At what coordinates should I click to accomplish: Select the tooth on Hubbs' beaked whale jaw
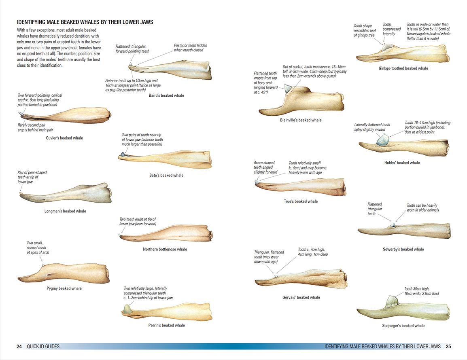[382, 140]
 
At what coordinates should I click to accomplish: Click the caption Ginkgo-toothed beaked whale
[403, 68]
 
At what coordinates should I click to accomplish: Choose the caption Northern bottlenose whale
[165, 249]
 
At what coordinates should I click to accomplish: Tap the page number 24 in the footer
[19, 347]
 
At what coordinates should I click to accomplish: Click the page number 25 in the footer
[448, 347]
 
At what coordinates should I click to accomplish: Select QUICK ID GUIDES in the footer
[43, 347]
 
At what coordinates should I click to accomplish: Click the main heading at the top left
[85, 22]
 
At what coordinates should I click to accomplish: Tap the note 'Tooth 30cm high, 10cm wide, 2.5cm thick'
[421, 291]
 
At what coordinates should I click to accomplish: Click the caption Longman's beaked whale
[65, 211]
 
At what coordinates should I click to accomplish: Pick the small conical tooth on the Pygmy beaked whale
[43, 265]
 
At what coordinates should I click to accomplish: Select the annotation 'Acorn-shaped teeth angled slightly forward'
[265, 167]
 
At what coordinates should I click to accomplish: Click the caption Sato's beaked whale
[166, 175]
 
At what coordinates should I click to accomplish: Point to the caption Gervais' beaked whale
[301, 297]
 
